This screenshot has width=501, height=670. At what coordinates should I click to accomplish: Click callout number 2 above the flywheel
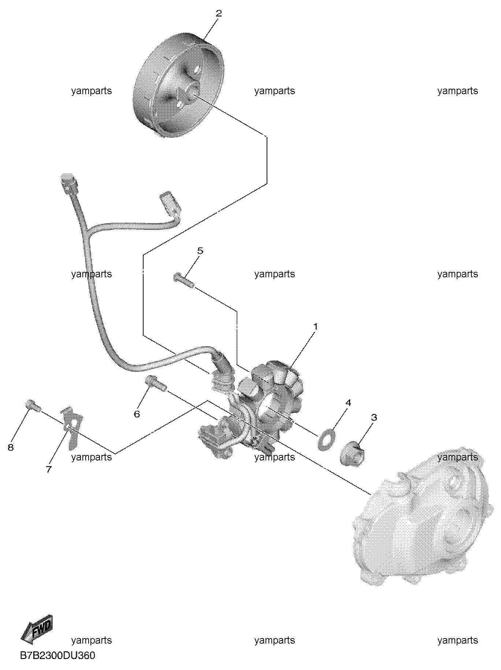219,14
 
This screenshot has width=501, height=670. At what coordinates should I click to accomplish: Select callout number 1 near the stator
315,326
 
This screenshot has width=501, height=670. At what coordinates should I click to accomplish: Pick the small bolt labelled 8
33,406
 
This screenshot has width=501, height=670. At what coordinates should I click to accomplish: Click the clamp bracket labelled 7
72,427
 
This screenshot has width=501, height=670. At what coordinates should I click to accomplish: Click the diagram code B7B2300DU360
57,655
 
